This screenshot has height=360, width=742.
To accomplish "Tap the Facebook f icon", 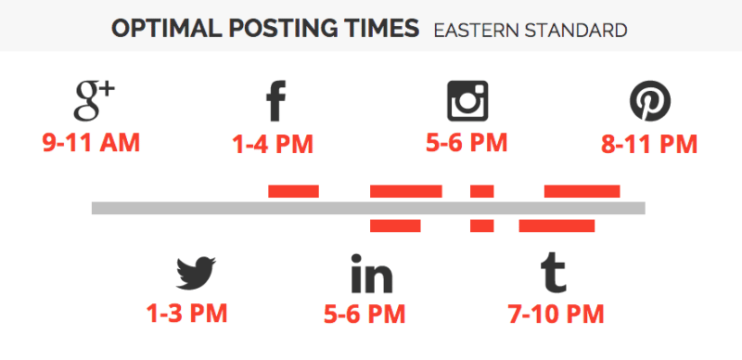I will coord(275,102).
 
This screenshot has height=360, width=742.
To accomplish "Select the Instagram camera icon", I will coord(467,100).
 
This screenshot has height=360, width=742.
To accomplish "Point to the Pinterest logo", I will coord(650,101).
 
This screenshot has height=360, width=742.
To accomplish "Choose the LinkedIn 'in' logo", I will coord(371,275).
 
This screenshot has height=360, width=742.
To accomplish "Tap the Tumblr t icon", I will coord(554,273).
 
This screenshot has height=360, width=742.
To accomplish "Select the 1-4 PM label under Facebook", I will coord(273,145).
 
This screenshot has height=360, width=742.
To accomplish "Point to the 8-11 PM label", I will coord(649,145).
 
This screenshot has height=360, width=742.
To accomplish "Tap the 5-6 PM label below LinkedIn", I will coord(365,314).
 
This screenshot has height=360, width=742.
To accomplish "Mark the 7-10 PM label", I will coord(556,314).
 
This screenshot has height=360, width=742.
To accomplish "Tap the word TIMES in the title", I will coord(377,29).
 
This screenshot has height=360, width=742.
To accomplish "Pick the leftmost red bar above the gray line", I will coord(293,191).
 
